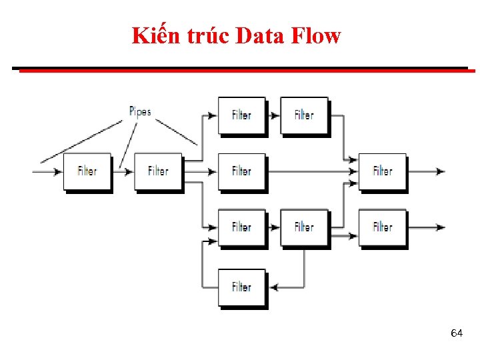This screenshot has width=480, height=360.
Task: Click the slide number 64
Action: pos(457,333)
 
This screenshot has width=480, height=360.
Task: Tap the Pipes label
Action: pos(140,111)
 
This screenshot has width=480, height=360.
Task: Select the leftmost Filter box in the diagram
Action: pos(87,171)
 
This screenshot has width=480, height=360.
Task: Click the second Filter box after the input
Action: pos(158,171)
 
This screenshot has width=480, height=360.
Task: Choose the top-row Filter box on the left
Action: pos(241,115)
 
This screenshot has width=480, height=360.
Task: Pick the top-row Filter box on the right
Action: pos(304,115)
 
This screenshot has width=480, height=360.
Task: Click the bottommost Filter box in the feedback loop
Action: pos(241,287)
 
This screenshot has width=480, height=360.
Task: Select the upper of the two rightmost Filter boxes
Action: pos(382,171)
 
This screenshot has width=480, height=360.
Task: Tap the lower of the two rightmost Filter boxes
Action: pos(382,227)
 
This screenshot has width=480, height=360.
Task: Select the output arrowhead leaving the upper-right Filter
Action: pos(440,171)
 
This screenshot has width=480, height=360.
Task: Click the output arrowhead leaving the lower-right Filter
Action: pos(440,227)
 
